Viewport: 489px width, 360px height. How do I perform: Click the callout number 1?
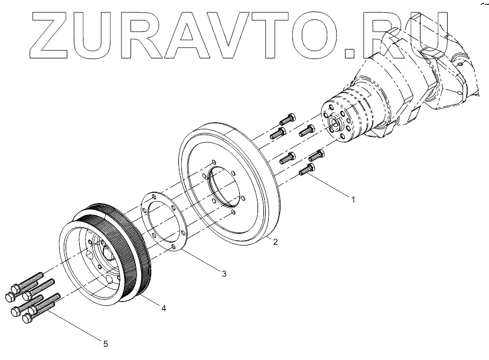[x=354, y=199]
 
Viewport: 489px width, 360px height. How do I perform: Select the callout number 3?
[x=224, y=273]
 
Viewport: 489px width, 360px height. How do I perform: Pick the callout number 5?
[x=106, y=343]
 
